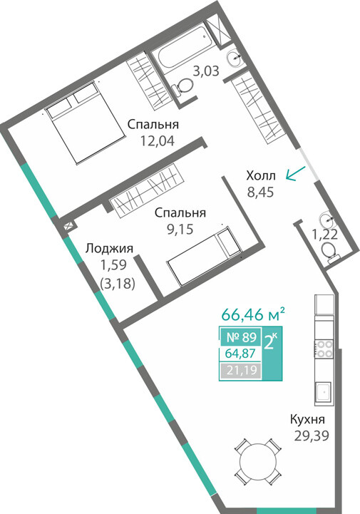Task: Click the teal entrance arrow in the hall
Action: tap(295, 173)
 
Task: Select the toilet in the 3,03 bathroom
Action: tap(182, 87)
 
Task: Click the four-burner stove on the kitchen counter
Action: tap(324, 349)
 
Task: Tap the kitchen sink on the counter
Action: tap(324, 392)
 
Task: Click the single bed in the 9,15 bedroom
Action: tap(204, 256)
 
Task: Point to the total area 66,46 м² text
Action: tap(253, 315)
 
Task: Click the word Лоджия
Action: tap(109, 249)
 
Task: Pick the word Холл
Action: tap(261, 176)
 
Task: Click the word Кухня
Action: tap(307, 419)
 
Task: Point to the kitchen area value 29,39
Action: tap(312, 436)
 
